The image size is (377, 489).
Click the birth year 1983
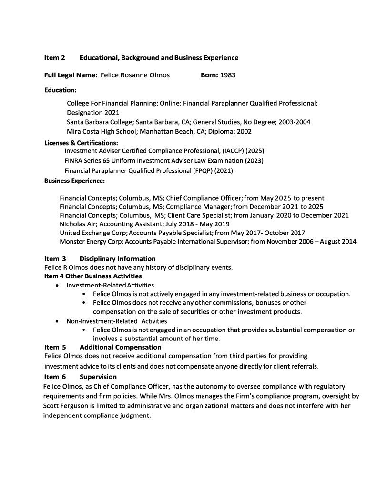tap(228, 75)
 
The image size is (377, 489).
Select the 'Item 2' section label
tap(54, 58)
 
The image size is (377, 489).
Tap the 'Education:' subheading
tap(61, 90)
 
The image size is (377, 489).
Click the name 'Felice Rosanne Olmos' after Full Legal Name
tap(135, 75)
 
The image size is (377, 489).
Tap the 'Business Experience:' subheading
tap(74, 181)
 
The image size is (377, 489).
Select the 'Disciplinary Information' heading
tap(117, 259)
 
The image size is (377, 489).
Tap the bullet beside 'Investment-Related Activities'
tap(58, 285)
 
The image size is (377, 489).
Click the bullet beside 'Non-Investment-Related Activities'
tap(58, 321)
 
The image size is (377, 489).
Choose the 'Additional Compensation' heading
tap(120, 347)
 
